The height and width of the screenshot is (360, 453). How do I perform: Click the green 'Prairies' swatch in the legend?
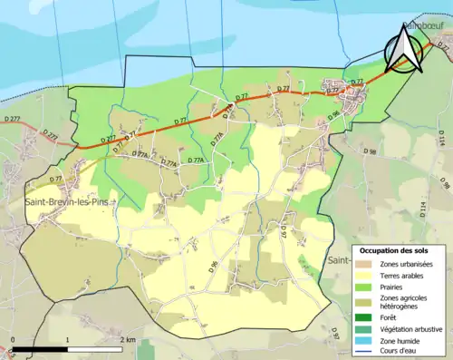366,287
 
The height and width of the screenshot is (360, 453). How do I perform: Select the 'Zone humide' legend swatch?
366,341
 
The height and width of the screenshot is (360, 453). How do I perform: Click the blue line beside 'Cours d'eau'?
366,352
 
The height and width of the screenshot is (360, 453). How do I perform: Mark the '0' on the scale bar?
13,339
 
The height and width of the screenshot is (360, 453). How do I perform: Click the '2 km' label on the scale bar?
127,339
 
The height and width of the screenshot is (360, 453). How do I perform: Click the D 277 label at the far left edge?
11,120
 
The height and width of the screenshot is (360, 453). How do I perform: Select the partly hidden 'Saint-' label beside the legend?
341,259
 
